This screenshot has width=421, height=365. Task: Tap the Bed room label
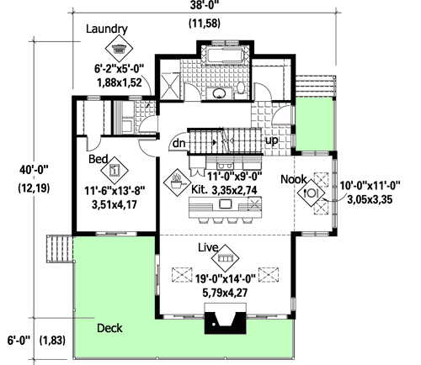99,157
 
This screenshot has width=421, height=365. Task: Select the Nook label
293,177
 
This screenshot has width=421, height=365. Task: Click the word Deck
112,327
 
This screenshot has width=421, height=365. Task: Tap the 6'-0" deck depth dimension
18,340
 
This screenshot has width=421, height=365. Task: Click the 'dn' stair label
179,143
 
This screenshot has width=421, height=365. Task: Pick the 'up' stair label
271,140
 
